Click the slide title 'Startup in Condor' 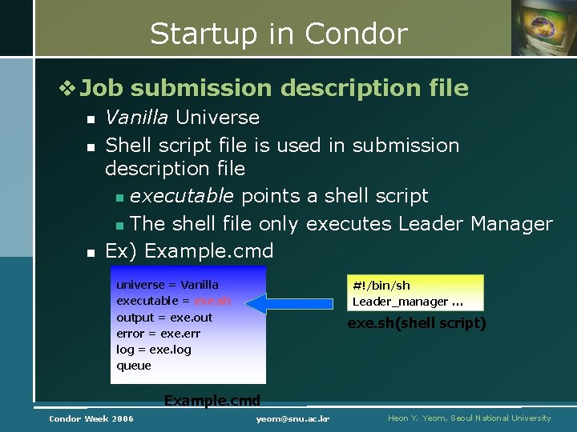[x=278, y=34]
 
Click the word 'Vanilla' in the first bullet [x=136, y=118]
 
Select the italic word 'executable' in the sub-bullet [x=182, y=196]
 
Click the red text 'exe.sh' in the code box [x=212, y=302]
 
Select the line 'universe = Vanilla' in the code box [x=167, y=285]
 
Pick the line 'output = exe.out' [x=164, y=318]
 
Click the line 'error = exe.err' [x=158, y=334]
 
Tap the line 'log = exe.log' [x=154, y=350]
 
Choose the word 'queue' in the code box [x=133, y=366]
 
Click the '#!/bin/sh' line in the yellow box [x=381, y=286]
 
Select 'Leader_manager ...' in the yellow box [x=407, y=302]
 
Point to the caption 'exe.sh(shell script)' [x=416, y=323]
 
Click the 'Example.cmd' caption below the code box [x=212, y=400]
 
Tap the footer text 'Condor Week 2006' [x=91, y=418]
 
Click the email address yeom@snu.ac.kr [x=293, y=418]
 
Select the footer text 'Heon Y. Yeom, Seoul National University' [x=469, y=418]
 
